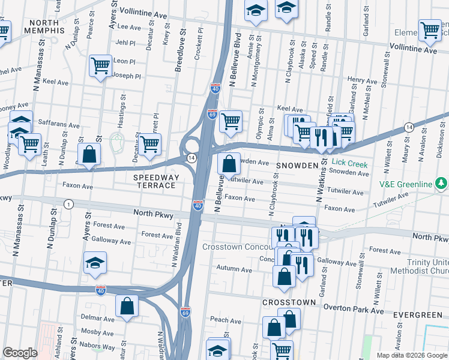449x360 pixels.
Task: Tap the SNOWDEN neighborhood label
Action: [296, 165]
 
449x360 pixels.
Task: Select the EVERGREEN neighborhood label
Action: [418, 315]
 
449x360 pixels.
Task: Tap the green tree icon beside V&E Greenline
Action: [441, 182]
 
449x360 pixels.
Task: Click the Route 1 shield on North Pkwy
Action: [69, 205]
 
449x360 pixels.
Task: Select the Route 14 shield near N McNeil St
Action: [408, 127]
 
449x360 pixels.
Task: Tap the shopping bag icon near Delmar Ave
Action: [127, 306]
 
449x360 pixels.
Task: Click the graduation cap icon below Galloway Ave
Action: [95, 263]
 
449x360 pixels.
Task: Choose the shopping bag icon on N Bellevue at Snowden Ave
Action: [229, 163]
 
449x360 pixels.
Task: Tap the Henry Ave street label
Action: [361, 80]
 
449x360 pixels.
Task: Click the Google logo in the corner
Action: [20, 353]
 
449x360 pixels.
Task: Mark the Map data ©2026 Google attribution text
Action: [411, 355]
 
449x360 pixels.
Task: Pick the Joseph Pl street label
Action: [127, 76]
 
